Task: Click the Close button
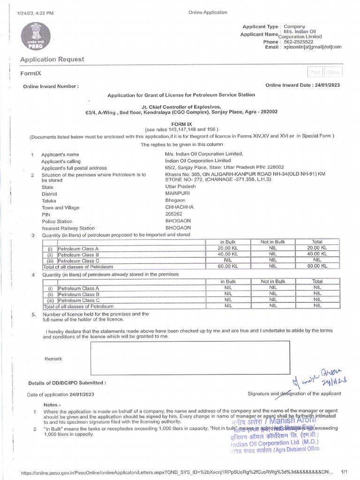[333, 72]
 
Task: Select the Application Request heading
[52, 59]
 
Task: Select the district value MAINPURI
[177, 194]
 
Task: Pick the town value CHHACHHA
[179, 207]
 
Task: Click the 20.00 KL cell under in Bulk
[228, 248]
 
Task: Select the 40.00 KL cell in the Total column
[317, 254]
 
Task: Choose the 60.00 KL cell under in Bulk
[228, 266]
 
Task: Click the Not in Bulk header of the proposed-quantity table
[273, 242]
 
